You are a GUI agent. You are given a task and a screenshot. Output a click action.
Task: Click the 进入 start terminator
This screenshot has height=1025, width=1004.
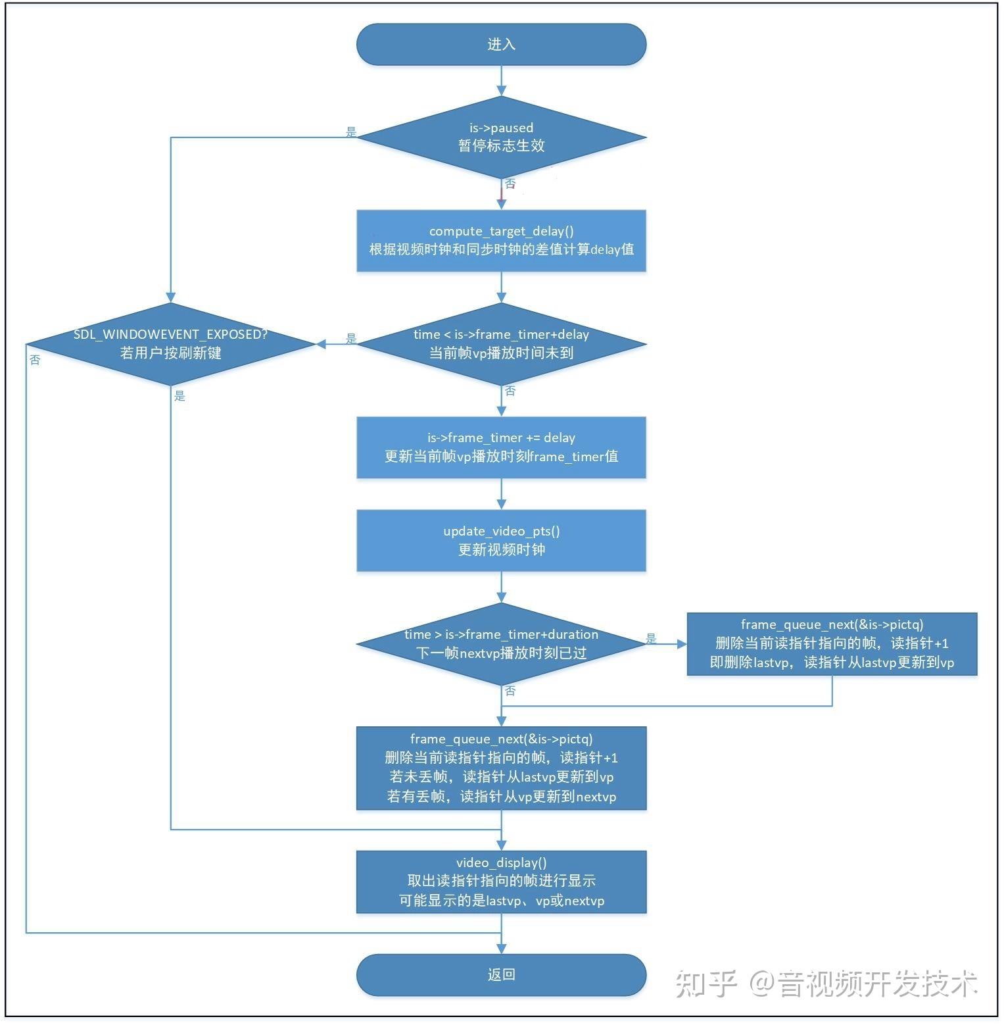pyautogui.click(x=501, y=44)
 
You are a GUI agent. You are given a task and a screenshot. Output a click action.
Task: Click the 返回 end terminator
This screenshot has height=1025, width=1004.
pyautogui.click(x=501, y=974)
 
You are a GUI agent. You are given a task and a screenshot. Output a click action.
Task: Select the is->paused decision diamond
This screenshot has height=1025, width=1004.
pyautogui.click(x=501, y=137)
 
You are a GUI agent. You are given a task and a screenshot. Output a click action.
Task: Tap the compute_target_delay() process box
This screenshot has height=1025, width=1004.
pyautogui.click(x=501, y=241)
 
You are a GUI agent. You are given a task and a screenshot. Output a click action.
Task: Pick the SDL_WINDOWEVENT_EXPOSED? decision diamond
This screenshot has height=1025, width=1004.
pyautogui.click(x=171, y=343)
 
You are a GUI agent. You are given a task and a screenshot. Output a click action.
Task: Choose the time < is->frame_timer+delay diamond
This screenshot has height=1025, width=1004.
pyautogui.click(x=501, y=343)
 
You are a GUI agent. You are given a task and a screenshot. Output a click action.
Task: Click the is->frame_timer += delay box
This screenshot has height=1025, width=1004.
pyautogui.click(x=501, y=447)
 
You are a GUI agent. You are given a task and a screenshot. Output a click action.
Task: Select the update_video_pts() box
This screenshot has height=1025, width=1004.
pyautogui.click(x=501, y=540)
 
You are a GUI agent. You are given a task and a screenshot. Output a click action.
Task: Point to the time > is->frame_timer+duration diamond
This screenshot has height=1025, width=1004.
pyautogui.click(x=501, y=643)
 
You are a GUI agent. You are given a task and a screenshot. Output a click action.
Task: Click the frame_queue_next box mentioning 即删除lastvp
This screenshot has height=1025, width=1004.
pyautogui.click(x=832, y=643)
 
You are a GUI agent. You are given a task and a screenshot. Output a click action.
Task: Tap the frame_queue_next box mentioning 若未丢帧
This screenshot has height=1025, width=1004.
pyautogui.click(x=501, y=768)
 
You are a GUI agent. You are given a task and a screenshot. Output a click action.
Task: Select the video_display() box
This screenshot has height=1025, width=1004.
pyautogui.click(x=501, y=882)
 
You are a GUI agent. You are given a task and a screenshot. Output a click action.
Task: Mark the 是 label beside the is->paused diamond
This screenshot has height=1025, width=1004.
pyautogui.click(x=351, y=132)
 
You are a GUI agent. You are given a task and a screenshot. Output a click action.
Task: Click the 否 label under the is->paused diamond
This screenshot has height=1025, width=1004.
pyautogui.click(x=510, y=184)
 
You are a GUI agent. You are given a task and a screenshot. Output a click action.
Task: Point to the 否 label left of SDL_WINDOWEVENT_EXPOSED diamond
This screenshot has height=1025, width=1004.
pyautogui.click(x=35, y=360)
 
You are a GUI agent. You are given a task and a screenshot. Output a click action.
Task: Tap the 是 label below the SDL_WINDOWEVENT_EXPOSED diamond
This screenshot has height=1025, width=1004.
pyautogui.click(x=179, y=396)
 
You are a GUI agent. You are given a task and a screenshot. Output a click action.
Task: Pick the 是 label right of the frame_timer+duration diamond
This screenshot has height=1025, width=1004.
pyautogui.click(x=651, y=638)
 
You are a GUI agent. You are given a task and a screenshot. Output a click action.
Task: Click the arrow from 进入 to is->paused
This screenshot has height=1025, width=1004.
pyautogui.click(x=501, y=81)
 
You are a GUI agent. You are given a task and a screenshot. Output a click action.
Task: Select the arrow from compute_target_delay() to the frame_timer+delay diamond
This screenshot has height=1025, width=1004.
pyautogui.click(x=501, y=287)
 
